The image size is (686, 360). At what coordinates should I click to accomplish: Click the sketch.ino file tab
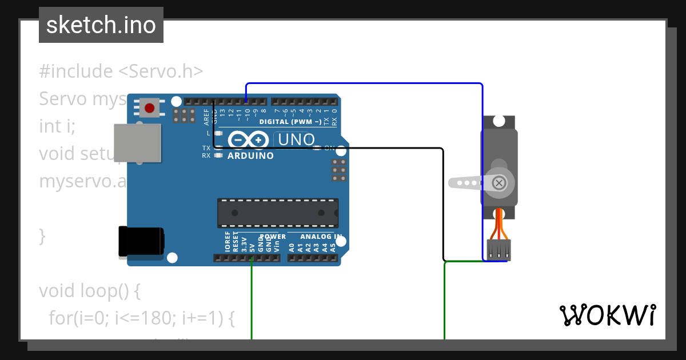point(101,25)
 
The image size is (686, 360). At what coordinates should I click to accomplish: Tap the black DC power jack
point(141,242)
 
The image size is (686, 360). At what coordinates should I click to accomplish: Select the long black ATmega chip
point(277,212)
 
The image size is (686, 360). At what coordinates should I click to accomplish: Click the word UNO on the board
point(296,139)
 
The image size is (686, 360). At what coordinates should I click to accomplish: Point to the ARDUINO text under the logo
point(250,156)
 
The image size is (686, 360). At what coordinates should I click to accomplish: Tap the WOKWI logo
point(607,315)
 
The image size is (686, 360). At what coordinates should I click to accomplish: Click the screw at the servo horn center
point(498,183)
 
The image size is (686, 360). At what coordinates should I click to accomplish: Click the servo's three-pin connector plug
point(498,250)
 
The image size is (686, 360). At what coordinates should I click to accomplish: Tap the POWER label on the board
point(273,237)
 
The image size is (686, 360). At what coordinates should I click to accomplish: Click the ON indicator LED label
point(329,148)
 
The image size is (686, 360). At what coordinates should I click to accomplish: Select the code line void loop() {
point(89,291)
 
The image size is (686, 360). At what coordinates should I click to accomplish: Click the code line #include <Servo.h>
point(121,71)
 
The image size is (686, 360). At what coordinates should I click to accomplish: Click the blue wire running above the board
point(366,84)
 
